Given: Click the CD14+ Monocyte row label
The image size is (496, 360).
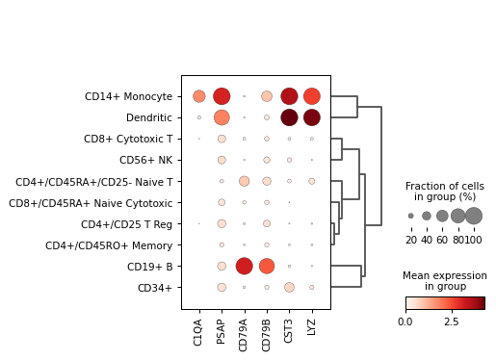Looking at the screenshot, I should click(128, 96).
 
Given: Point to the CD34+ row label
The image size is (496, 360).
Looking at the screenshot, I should click(154, 288).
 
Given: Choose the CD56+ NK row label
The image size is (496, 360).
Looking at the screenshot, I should click(145, 160).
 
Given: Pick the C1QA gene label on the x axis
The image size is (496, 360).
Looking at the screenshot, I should click(199, 333).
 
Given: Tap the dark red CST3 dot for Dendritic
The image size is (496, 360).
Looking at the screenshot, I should click(289, 117).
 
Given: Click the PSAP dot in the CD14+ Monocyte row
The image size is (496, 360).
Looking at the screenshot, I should click(222, 96).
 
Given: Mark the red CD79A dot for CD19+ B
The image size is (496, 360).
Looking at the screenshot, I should click(244, 267).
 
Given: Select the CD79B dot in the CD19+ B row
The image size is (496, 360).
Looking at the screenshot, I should click(267, 267).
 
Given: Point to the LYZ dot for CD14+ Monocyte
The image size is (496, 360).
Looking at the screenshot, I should click(312, 96).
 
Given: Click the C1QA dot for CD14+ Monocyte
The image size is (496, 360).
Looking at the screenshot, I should click(199, 96).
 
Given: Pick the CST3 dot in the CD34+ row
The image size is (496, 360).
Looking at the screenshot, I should click(289, 288).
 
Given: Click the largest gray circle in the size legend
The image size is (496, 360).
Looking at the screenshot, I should click(474, 216).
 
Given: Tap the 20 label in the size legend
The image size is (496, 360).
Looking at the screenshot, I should click(410, 240).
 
